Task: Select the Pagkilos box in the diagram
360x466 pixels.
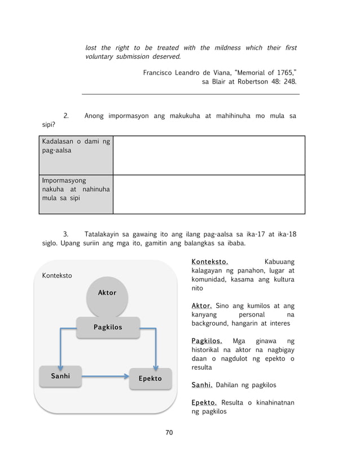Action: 108,327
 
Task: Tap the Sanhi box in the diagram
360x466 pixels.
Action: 60,376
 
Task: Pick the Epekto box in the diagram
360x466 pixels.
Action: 150,379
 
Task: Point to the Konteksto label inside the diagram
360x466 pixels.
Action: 57,276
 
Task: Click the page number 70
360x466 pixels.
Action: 169,432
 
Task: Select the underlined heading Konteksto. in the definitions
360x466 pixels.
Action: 209,262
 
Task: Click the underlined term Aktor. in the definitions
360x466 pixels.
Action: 201,305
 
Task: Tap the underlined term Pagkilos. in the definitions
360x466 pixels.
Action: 207,341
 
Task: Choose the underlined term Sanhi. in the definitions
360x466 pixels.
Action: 201,385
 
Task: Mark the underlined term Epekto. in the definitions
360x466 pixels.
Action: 204,403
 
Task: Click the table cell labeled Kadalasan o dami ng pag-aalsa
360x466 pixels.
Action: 76,155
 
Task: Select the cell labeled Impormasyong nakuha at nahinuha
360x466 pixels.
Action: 76,194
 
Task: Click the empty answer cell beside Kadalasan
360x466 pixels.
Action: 209,155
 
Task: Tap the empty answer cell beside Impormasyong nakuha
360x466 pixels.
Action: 209,194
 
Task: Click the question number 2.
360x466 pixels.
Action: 66,116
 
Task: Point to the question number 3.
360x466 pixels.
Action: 66,234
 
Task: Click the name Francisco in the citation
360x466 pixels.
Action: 160,73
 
